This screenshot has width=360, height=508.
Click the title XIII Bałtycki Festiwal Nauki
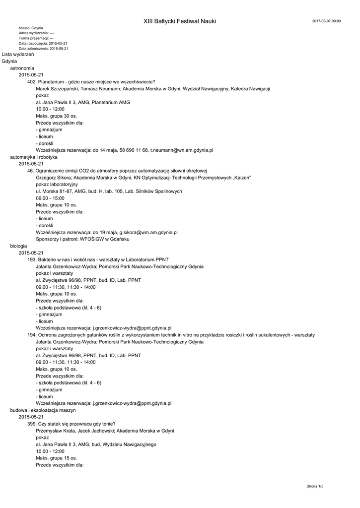click(x=180, y=21)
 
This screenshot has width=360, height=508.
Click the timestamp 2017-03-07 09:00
click(x=326, y=21)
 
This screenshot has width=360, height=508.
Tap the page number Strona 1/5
click(x=315, y=487)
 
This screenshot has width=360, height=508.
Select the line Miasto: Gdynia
click(x=31, y=28)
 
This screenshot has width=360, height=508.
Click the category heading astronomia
click(x=22, y=68)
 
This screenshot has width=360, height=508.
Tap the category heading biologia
click(x=18, y=246)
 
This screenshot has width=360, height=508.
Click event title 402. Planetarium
click(x=91, y=82)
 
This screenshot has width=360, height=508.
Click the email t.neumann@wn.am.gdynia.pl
click(x=182, y=150)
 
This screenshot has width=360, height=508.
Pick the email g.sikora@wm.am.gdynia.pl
click(x=148, y=232)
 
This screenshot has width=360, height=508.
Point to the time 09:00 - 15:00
click(x=50, y=198)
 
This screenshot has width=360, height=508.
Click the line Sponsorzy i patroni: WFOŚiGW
click(x=82, y=239)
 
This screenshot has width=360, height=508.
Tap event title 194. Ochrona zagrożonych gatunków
click(x=170, y=335)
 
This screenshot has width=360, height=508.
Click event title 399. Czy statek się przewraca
click(x=72, y=424)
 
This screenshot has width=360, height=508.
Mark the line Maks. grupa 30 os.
click(x=57, y=116)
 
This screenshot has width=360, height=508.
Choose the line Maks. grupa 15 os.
click(x=57, y=458)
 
